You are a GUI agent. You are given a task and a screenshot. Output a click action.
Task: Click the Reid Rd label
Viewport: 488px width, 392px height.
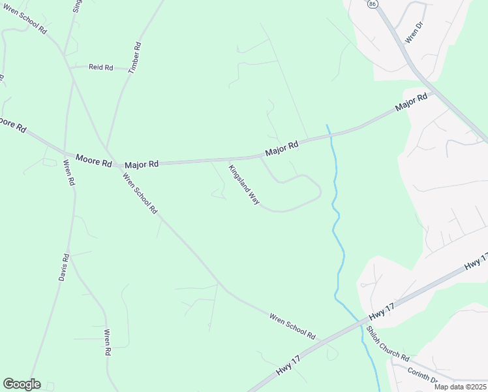coord(101,67)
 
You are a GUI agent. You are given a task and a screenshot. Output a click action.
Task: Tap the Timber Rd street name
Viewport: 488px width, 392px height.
coord(135,57)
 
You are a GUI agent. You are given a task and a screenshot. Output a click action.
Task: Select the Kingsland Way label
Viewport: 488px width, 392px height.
coord(244,185)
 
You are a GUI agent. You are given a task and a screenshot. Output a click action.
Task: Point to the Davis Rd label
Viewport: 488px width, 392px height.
coord(63,267)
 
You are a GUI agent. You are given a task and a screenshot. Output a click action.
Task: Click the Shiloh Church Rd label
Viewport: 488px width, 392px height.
coord(387,344)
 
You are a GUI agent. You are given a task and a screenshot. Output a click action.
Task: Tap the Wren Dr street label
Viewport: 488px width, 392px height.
coord(415,31)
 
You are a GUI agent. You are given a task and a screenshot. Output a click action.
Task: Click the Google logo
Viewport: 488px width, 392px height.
coord(22,384)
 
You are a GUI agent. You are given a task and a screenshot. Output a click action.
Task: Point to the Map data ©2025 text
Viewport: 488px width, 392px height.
coord(459,387)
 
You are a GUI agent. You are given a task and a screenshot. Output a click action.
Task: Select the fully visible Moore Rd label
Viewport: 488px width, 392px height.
coord(94,159)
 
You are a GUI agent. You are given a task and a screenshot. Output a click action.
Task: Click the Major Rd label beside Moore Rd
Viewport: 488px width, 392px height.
coord(142,165)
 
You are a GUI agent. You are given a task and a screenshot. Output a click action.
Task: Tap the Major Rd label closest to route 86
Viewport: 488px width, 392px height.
coord(411,103)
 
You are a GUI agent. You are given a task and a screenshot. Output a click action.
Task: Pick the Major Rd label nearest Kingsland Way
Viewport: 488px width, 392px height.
coord(282,148)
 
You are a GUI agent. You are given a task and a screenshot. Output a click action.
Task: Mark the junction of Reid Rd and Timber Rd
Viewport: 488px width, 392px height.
coord(129,68)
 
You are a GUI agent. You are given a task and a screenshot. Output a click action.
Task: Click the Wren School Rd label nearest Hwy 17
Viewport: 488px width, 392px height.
coord(292,325)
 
